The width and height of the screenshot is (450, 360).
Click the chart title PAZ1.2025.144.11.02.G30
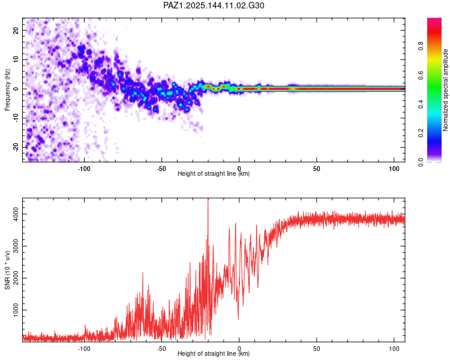click(214, 5)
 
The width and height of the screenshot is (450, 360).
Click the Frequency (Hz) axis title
click(7, 90)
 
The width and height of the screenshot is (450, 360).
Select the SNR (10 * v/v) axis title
click(7, 270)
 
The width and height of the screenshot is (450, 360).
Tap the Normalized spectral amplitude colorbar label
click(445, 90)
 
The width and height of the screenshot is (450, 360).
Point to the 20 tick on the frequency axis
click(16, 30)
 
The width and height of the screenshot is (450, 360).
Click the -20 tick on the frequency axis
click(16, 147)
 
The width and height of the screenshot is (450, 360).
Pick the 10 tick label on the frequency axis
click(16, 59)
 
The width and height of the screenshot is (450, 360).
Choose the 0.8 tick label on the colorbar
click(421, 46)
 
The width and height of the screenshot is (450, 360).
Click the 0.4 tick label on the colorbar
click(421, 104)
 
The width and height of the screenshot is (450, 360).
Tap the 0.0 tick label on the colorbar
click(421, 162)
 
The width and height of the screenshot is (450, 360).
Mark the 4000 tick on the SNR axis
click(16, 214)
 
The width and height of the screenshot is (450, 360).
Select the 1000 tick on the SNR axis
click(16, 310)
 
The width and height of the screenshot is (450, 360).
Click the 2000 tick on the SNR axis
click(16, 278)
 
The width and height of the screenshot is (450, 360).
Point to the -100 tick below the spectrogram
click(84, 169)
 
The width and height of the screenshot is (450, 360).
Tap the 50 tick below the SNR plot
click(317, 349)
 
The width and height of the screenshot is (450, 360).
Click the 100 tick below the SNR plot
click(394, 349)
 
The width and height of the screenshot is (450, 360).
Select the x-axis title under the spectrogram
click(214, 173)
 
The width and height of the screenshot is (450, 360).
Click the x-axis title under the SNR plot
click(214, 353)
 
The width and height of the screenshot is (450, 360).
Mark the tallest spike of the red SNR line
click(208, 199)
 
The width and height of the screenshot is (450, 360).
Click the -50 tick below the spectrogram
click(161, 169)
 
